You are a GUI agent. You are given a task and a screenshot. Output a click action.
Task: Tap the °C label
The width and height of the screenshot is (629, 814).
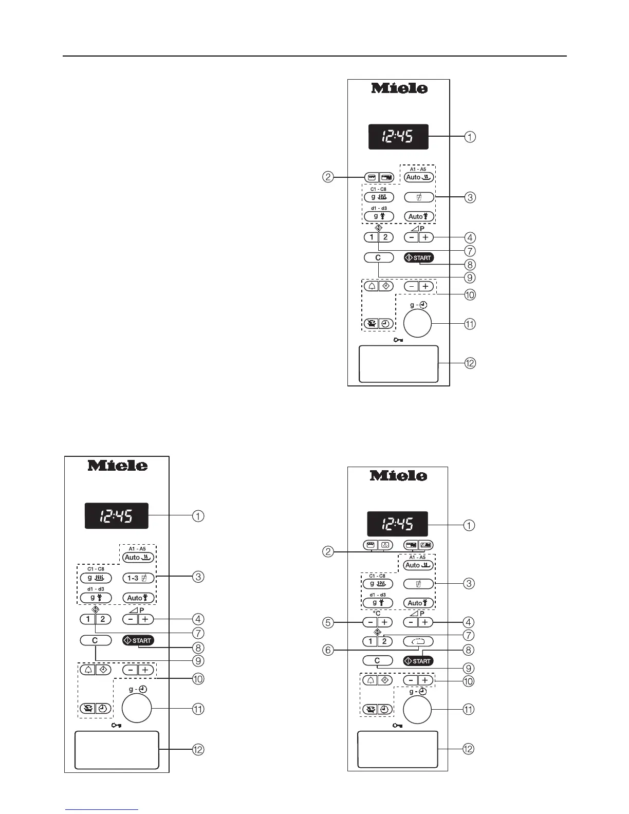tap(377, 613)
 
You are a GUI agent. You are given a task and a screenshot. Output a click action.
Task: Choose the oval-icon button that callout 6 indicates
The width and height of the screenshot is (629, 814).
tap(418, 641)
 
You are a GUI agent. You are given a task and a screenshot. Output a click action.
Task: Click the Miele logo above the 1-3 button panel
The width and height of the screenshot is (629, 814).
tap(118, 466)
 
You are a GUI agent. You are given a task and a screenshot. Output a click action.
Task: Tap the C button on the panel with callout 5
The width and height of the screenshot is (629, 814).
tap(377, 661)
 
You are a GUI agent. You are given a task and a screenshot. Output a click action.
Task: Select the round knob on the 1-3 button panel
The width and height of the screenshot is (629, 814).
tap(137, 709)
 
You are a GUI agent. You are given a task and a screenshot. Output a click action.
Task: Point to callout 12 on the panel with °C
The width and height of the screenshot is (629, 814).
tap(468, 749)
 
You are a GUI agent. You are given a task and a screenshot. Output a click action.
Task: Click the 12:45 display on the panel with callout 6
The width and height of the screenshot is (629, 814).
tap(397, 524)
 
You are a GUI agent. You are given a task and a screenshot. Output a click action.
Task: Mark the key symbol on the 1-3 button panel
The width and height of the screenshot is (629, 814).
tap(116, 725)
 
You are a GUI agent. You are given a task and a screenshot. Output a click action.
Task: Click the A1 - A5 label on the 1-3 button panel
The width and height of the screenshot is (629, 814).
tap(137, 549)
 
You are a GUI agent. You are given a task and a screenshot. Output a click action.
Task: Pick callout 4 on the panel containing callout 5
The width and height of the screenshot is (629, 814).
tap(468, 622)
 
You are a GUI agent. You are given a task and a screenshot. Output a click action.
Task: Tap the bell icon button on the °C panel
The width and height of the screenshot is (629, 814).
tap(369, 680)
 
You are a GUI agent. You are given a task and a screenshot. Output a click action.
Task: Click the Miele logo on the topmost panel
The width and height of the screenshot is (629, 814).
tap(399, 88)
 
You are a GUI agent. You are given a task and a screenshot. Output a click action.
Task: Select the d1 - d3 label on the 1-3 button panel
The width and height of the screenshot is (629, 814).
tap(96, 589)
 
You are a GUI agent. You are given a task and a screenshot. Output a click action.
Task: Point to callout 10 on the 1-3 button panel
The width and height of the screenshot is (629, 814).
tap(198, 679)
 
